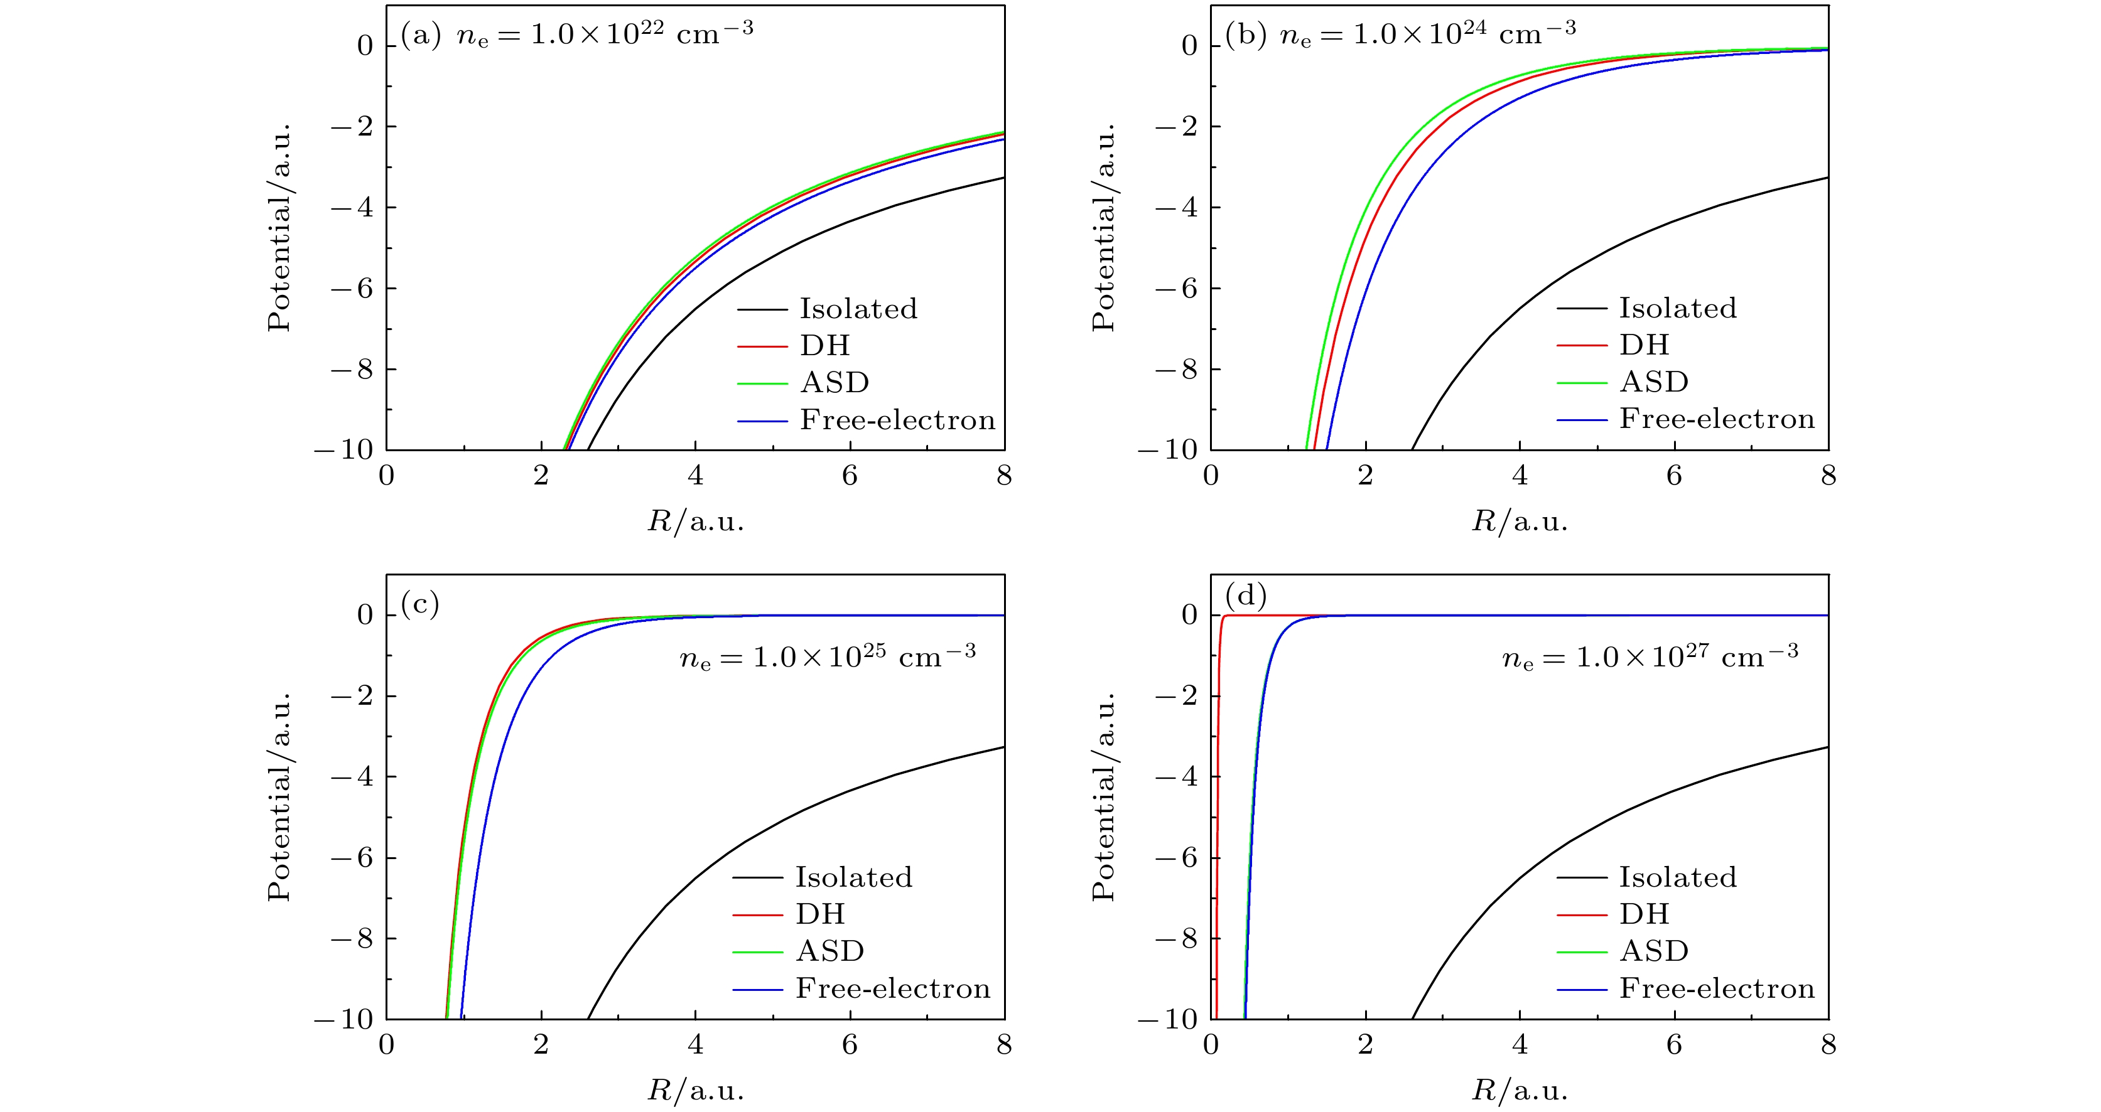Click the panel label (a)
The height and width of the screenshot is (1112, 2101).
420,35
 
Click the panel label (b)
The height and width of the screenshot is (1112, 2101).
1245,35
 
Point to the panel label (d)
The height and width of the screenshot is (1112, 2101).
1245,596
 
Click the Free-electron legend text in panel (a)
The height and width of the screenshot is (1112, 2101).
897,420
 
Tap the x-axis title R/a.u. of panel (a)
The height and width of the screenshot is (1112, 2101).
696,521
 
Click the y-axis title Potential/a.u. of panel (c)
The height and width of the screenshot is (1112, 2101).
280,798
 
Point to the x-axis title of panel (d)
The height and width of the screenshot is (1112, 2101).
1520,1091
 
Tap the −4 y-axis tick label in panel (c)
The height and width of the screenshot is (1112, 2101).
352,777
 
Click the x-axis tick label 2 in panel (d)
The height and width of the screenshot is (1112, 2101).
1365,1045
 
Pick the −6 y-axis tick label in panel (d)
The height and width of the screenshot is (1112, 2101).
1177,858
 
